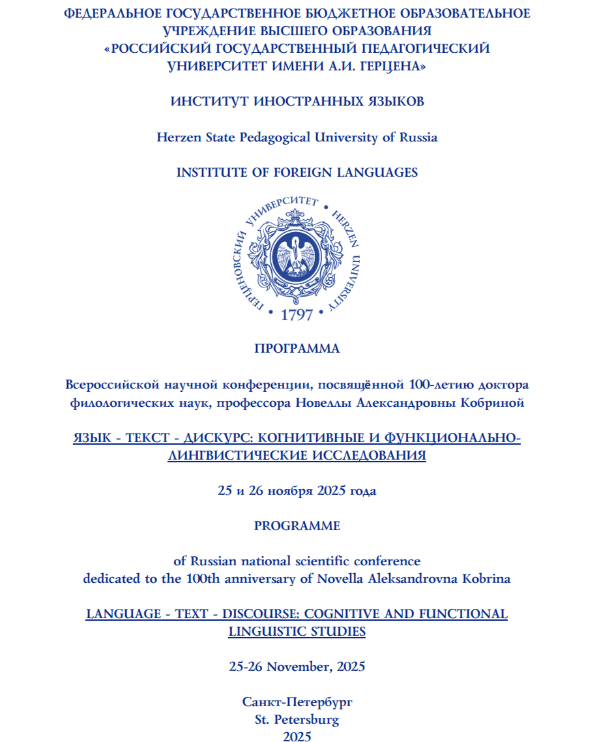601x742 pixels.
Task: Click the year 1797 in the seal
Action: (x=297, y=316)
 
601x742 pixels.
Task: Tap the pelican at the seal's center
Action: (x=297, y=257)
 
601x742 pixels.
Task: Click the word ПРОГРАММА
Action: (x=297, y=349)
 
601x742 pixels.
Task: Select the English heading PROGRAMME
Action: (x=297, y=526)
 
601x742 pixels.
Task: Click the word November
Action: (x=293, y=666)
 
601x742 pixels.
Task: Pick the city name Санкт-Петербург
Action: (x=297, y=702)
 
